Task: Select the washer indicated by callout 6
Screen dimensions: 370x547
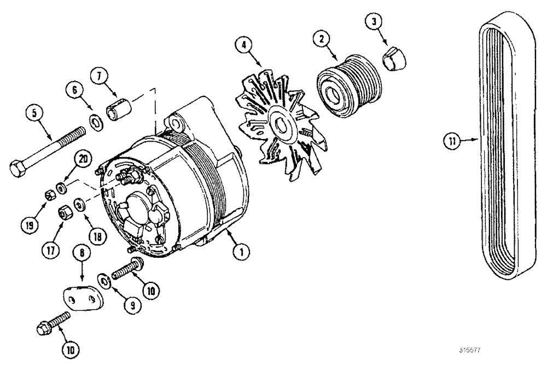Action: point(95,122)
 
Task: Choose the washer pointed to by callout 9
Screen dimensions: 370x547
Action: point(105,280)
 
